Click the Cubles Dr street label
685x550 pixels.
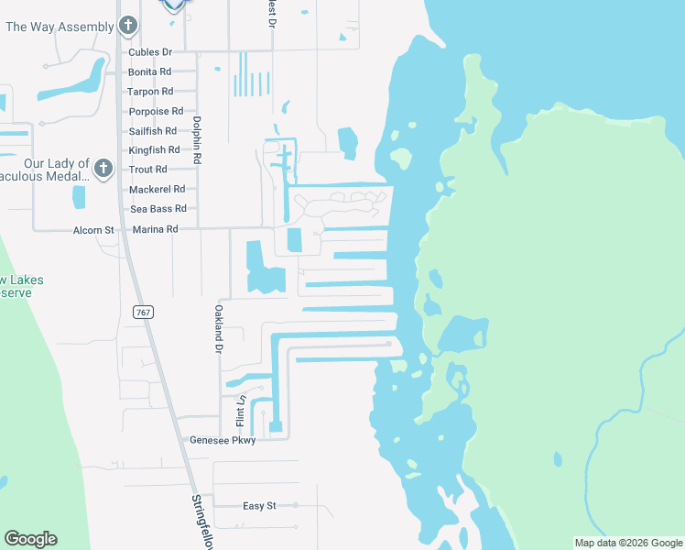click(x=151, y=52)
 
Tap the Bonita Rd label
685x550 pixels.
click(x=150, y=71)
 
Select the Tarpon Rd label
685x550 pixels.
click(x=151, y=92)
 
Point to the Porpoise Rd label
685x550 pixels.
click(x=156, y=112)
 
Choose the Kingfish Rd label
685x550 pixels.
click(x=155, y=149)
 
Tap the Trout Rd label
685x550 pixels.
click(x=148, y=170)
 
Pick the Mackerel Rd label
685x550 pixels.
click(x=158, y=189)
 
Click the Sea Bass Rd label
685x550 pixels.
click(x=158, y=209)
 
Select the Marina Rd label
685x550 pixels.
click(x=154, y=229)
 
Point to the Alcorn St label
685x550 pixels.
click(x=93, y=229)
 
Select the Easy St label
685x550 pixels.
click(x=259, y=506)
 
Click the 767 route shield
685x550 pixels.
click(x=142, y=313)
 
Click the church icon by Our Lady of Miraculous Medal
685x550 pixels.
click(x=103, y=169)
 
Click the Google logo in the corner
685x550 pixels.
click(x=30, y=539)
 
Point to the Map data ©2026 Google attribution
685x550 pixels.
click(x=627, y=543)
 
